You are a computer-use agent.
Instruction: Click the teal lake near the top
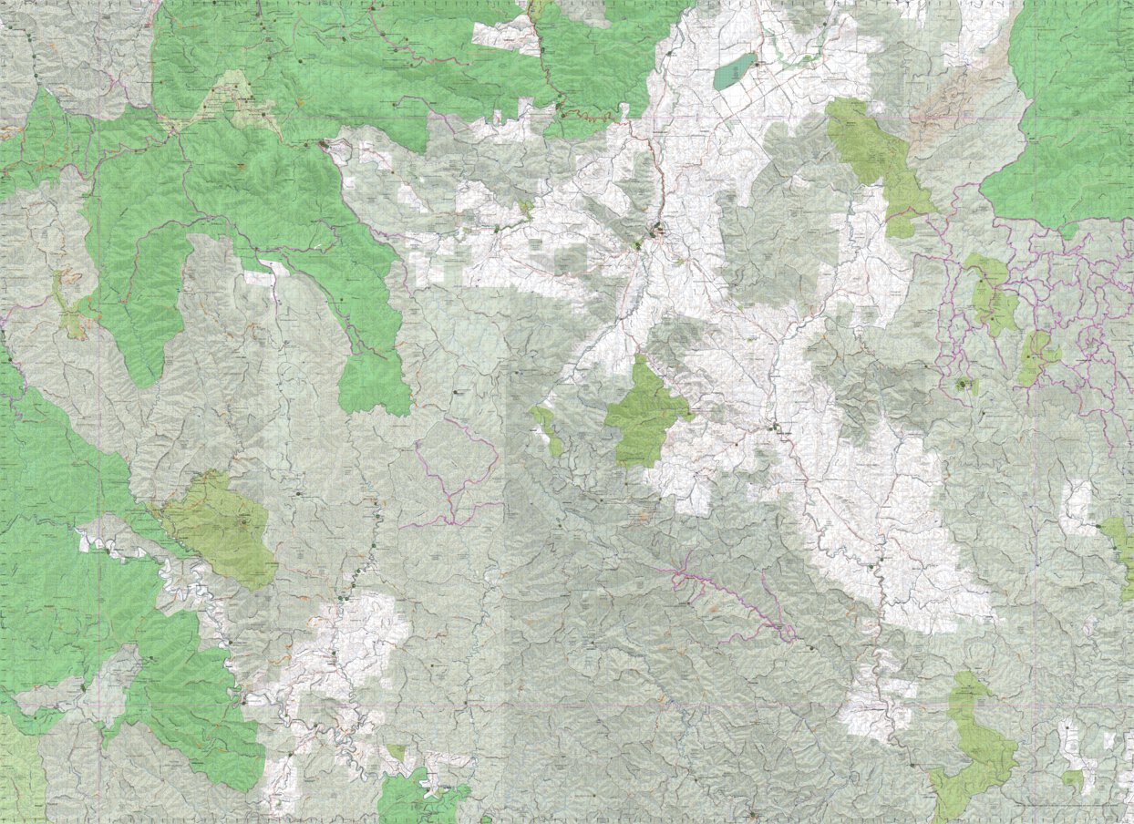(x=735, y=71)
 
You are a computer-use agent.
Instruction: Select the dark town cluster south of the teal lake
(x=657, y=232)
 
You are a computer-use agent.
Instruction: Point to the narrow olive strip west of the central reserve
(x=548, y=428)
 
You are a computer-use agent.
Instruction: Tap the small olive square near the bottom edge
(x=397, y=753)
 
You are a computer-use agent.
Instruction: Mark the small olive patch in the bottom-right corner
(x=1074, y=779)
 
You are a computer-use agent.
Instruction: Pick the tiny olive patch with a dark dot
(x=964, y=386)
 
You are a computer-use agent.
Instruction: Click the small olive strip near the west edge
(x=68, y=310)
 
